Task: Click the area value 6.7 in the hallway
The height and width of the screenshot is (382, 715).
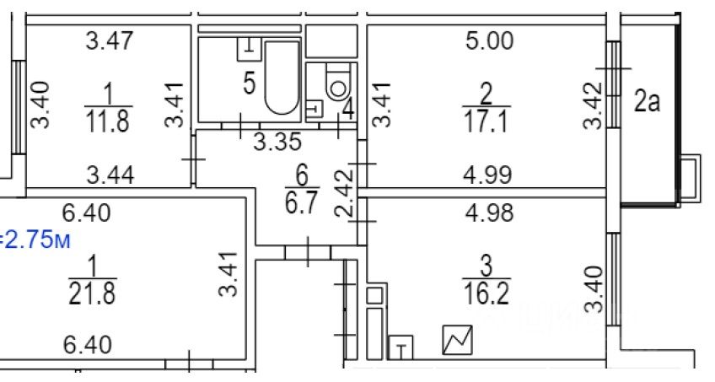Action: [x=303, y=205]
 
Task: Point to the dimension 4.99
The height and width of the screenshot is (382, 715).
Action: [x=488, y=176]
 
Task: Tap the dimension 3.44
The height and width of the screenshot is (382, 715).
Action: [x=110, y=176]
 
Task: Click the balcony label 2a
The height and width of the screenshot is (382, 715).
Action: [x=647, y=103]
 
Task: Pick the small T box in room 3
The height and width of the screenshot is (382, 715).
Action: [x=401, y=347]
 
